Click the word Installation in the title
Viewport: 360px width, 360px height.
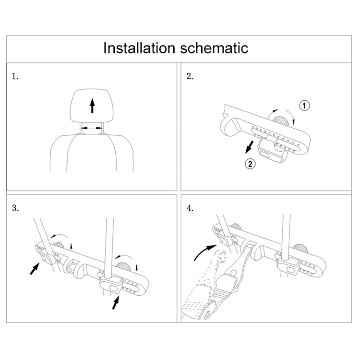point(139,48)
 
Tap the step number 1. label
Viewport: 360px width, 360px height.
point(16,76)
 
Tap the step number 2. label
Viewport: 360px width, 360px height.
point(190,76)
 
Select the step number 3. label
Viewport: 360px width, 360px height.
point(16,208)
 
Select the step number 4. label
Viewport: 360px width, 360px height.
point(190,208)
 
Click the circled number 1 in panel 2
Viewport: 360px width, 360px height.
point(305,105)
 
